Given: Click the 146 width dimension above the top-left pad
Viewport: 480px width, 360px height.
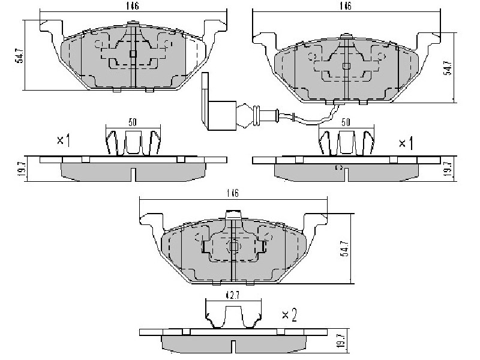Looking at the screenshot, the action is (x=133, y=6).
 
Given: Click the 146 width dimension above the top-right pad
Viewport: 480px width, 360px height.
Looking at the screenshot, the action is (x=346, y=6).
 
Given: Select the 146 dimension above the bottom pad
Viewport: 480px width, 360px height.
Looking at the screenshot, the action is (x=233, y=193).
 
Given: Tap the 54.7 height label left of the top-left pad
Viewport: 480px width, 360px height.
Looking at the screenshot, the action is (x=20, y=55).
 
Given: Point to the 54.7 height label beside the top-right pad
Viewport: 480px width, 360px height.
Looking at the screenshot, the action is (x=448, y=68).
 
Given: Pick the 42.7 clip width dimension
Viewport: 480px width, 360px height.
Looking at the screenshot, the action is (x=233, y=295).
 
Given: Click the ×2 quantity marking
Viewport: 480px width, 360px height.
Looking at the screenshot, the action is (x=289, y=314).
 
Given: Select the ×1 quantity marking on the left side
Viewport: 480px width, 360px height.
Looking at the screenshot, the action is (x=64, y=140).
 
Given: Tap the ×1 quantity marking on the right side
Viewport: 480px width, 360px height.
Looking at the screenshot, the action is (x=406, y=143).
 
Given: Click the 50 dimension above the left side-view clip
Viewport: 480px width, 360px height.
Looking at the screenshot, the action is (x=132, y=122).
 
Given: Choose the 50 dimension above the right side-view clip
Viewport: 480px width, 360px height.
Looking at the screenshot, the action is (x=346, y=122).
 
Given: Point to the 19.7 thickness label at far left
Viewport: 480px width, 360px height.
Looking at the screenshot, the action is (x=19, y=169).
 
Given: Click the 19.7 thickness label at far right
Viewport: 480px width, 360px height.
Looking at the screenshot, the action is (x=448, y=169).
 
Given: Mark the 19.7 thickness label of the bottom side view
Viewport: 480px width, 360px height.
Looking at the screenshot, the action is (x=342, y=340).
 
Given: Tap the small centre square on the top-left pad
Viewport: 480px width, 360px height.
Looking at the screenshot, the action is (x=133, y=54).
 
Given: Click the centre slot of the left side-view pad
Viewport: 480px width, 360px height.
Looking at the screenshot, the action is (x=133, y=175).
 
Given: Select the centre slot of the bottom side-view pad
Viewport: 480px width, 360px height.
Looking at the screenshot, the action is (x=233, y=347).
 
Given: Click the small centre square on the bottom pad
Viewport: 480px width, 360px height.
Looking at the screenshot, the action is (x=234, y=247).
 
